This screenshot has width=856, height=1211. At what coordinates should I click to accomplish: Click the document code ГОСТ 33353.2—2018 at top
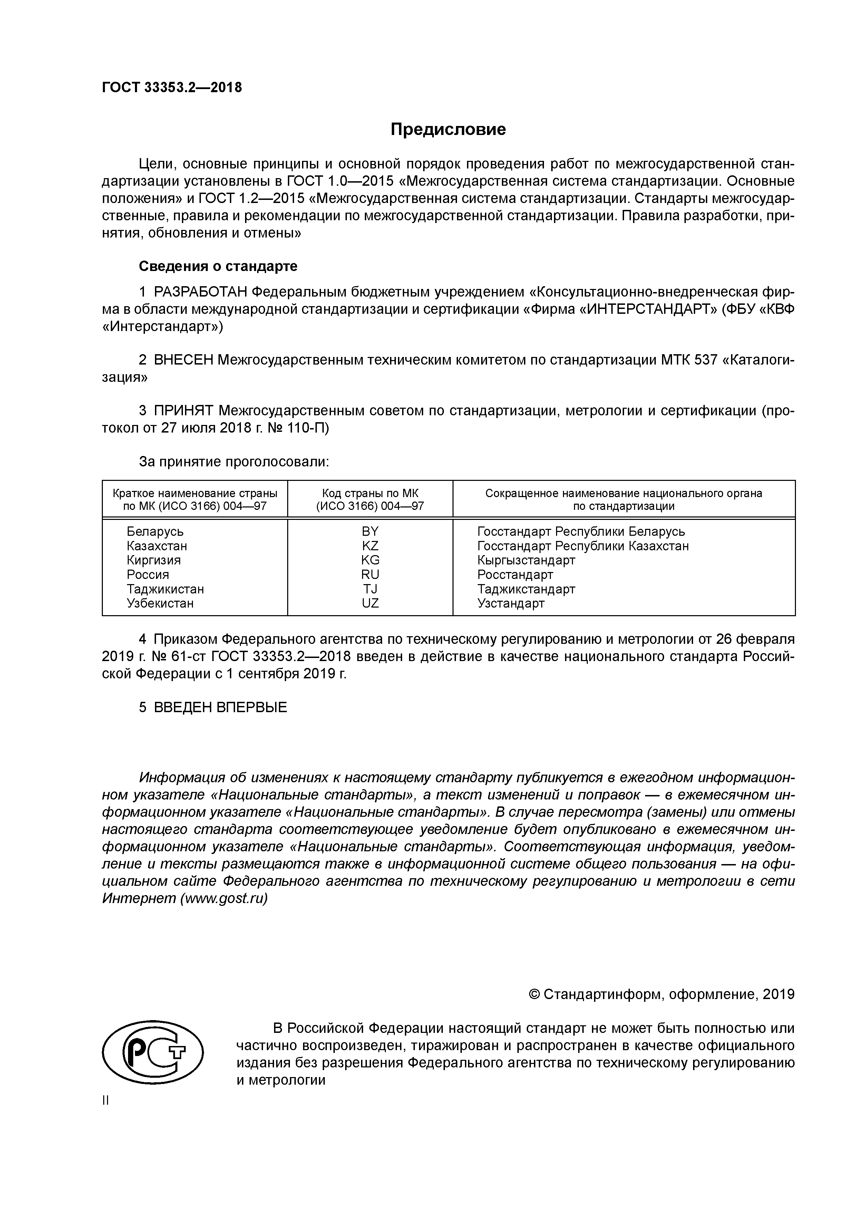point(172,88)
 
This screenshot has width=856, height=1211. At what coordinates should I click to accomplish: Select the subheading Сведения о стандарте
point(218,267)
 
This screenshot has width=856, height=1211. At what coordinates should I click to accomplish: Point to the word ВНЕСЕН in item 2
point(184,360)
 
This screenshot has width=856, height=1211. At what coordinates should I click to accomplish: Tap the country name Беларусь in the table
point(155,532)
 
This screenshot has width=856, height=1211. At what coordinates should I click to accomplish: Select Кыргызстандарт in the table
point(526,560)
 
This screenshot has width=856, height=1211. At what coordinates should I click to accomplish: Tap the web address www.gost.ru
point(224,898)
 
